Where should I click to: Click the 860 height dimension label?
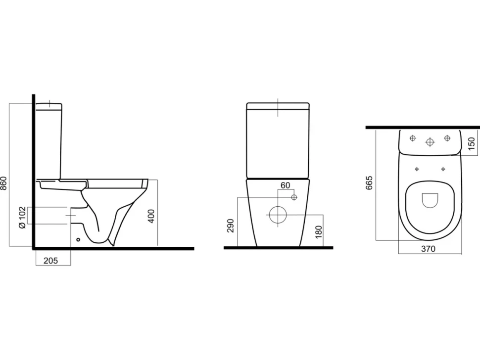pos(3,183)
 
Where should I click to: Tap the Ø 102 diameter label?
pos(22,217)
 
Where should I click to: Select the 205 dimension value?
pos(50,261)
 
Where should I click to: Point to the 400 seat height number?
pos(151,216)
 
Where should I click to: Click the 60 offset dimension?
pos(285,185)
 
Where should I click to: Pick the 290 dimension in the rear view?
pos(231,225)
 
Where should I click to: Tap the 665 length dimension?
pos(369,183)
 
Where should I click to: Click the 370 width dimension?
pos(428,249)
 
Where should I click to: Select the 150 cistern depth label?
pos(472,143)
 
